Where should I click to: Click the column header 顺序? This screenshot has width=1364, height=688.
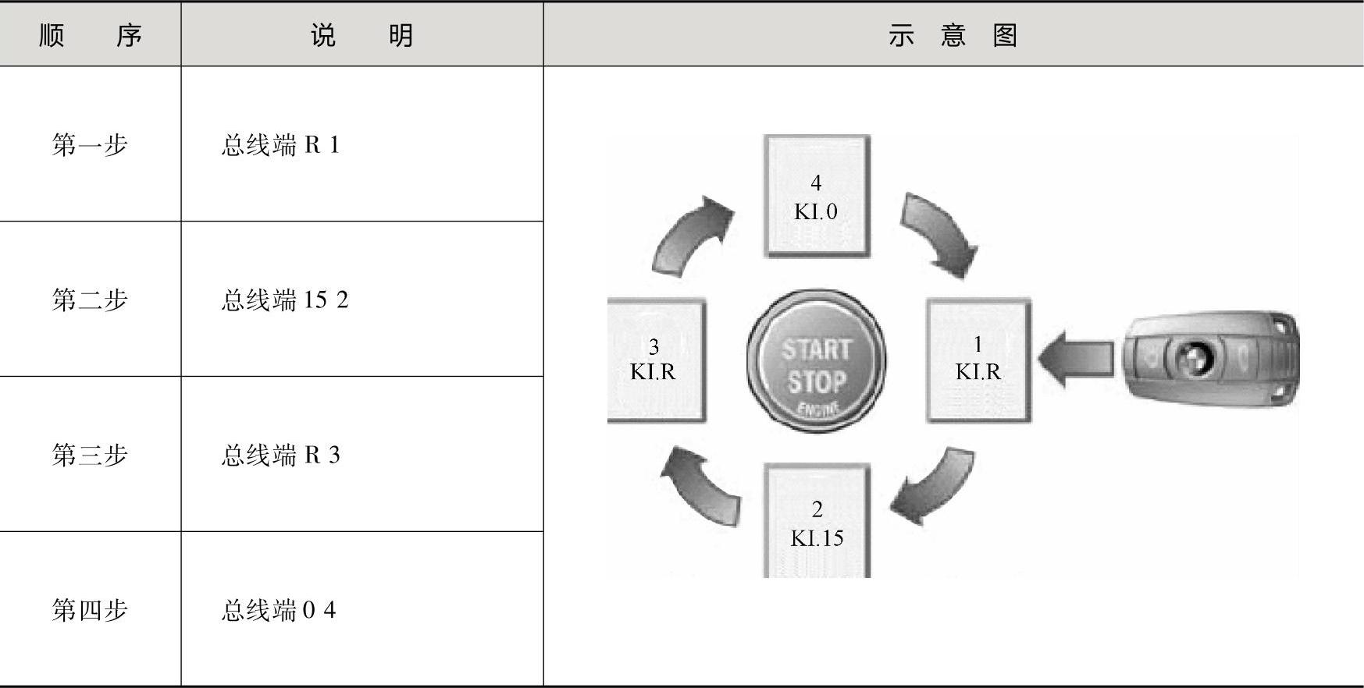pyautogui.click(x=90, y=35)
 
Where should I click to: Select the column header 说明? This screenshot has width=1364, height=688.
pyautogui.click(x=361, y=35)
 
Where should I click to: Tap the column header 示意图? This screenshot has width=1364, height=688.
pyautogui.click(x=953, y=35)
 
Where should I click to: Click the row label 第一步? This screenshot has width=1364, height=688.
pyautogui.click(x=90, y=144)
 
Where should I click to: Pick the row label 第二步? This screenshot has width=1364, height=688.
pyautogui.click(x=90, y=300)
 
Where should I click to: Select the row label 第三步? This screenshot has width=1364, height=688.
pyautogui.click(x=90, y=455)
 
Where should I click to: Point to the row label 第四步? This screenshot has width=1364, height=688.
pyautogui.click(x=90, y=609)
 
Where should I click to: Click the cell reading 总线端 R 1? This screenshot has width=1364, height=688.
pyautogui.click(x=281, y=145)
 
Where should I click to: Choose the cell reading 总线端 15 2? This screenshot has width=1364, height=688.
pyautogui.click(x=285, y=300)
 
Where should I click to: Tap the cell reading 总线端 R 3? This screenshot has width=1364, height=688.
pyautogui.click(x=281, y=456)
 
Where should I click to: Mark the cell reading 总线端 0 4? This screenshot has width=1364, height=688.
pyautogui.click(x=279, y=610)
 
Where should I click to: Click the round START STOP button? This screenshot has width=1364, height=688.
pyautogui.click(x=816, y=361)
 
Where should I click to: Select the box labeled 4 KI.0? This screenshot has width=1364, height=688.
pyautogui.click(x=816, y=196)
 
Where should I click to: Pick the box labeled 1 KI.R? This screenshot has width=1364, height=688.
pyautogui.click(x=978, y=360)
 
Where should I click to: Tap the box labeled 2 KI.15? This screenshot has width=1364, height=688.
pyautogui.click(x=817, y=522)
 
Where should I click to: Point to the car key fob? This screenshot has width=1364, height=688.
pyautogui.click(x=1210, y=359)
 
